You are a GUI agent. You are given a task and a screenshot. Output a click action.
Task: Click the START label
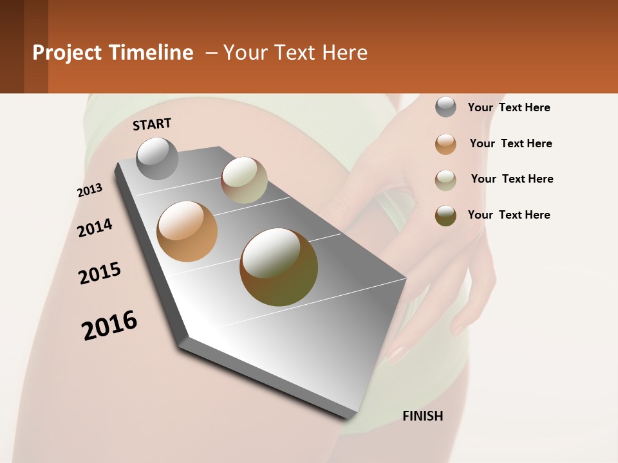pos(152,124)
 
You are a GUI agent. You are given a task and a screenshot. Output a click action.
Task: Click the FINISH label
pos(423,416)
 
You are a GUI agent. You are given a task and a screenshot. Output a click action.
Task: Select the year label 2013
pos(89,190)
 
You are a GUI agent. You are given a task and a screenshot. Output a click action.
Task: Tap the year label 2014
pos(95,228)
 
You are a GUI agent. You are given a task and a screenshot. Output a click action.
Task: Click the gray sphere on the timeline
pos(158,159)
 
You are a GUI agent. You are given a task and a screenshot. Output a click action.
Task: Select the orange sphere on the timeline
pos(187,232)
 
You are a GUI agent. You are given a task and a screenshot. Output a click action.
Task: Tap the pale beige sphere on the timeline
pos(245,180)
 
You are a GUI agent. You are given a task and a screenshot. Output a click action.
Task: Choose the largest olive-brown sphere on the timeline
pos(279,267)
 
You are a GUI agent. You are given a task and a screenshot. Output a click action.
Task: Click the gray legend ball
pos(445,107)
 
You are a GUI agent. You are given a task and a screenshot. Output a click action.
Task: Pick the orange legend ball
pos(445,144)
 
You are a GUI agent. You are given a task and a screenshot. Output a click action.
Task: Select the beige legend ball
pos(445,180)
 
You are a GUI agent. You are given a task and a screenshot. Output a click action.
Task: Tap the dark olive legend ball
pos(445,215)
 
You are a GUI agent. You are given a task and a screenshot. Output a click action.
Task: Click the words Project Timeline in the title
pos(113,53)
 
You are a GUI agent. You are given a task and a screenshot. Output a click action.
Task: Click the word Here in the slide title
pos(344,53)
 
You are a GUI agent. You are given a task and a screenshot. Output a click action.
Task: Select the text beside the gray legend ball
pos(509,107)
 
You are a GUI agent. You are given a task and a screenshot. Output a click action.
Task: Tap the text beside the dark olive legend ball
pos(509,215)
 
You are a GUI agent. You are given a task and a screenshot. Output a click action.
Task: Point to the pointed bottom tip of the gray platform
pos(351,417)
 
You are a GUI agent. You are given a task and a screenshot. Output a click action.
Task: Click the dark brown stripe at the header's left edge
pos(12,46)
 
